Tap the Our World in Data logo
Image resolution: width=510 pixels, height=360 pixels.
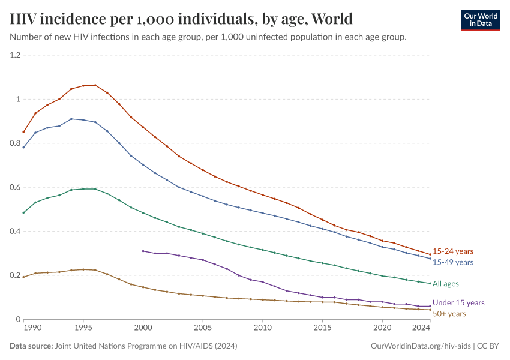click(480, 20)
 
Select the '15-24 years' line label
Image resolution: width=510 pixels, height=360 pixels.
click(453, 251)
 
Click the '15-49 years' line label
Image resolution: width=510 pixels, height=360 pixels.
click(453, 262)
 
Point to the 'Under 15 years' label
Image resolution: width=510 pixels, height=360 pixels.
click(458, 303)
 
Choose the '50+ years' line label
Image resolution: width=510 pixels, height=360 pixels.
click(449, 313)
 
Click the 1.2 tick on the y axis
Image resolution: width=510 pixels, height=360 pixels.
click(15, 55)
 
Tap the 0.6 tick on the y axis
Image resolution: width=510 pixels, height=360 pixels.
click(15, 187)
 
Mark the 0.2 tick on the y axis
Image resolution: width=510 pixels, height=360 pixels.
click(15, 275)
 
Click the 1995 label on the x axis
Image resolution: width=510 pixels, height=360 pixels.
click(83, 328)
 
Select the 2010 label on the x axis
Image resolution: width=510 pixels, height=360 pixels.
click(263, 328)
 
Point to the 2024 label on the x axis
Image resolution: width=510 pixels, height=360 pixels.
click(422, 328)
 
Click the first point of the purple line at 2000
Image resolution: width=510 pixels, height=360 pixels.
click(143, 251)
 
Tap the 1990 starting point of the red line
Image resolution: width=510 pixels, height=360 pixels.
click(23, 132)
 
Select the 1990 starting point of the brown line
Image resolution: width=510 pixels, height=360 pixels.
click(23, 277)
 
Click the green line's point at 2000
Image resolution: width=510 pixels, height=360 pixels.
click(143, 212)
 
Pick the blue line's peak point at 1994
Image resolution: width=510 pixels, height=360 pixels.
click(71, 119)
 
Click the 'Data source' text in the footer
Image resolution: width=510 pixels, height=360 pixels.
click(31, 346)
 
